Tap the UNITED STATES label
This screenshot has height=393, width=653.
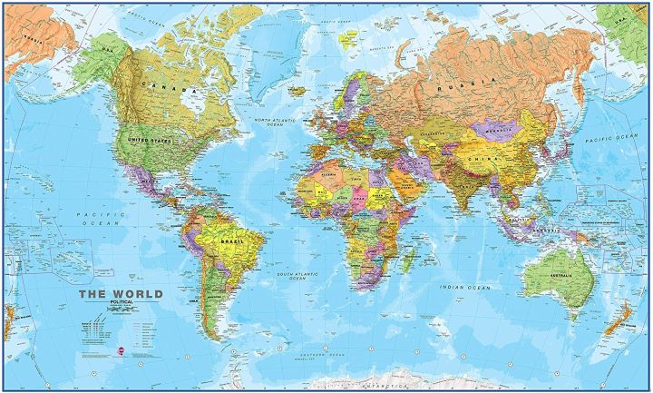point(150,140)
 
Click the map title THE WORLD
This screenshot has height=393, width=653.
point(120,293)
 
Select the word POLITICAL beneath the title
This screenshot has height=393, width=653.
point(122,303)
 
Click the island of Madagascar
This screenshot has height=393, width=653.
point(409,253)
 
